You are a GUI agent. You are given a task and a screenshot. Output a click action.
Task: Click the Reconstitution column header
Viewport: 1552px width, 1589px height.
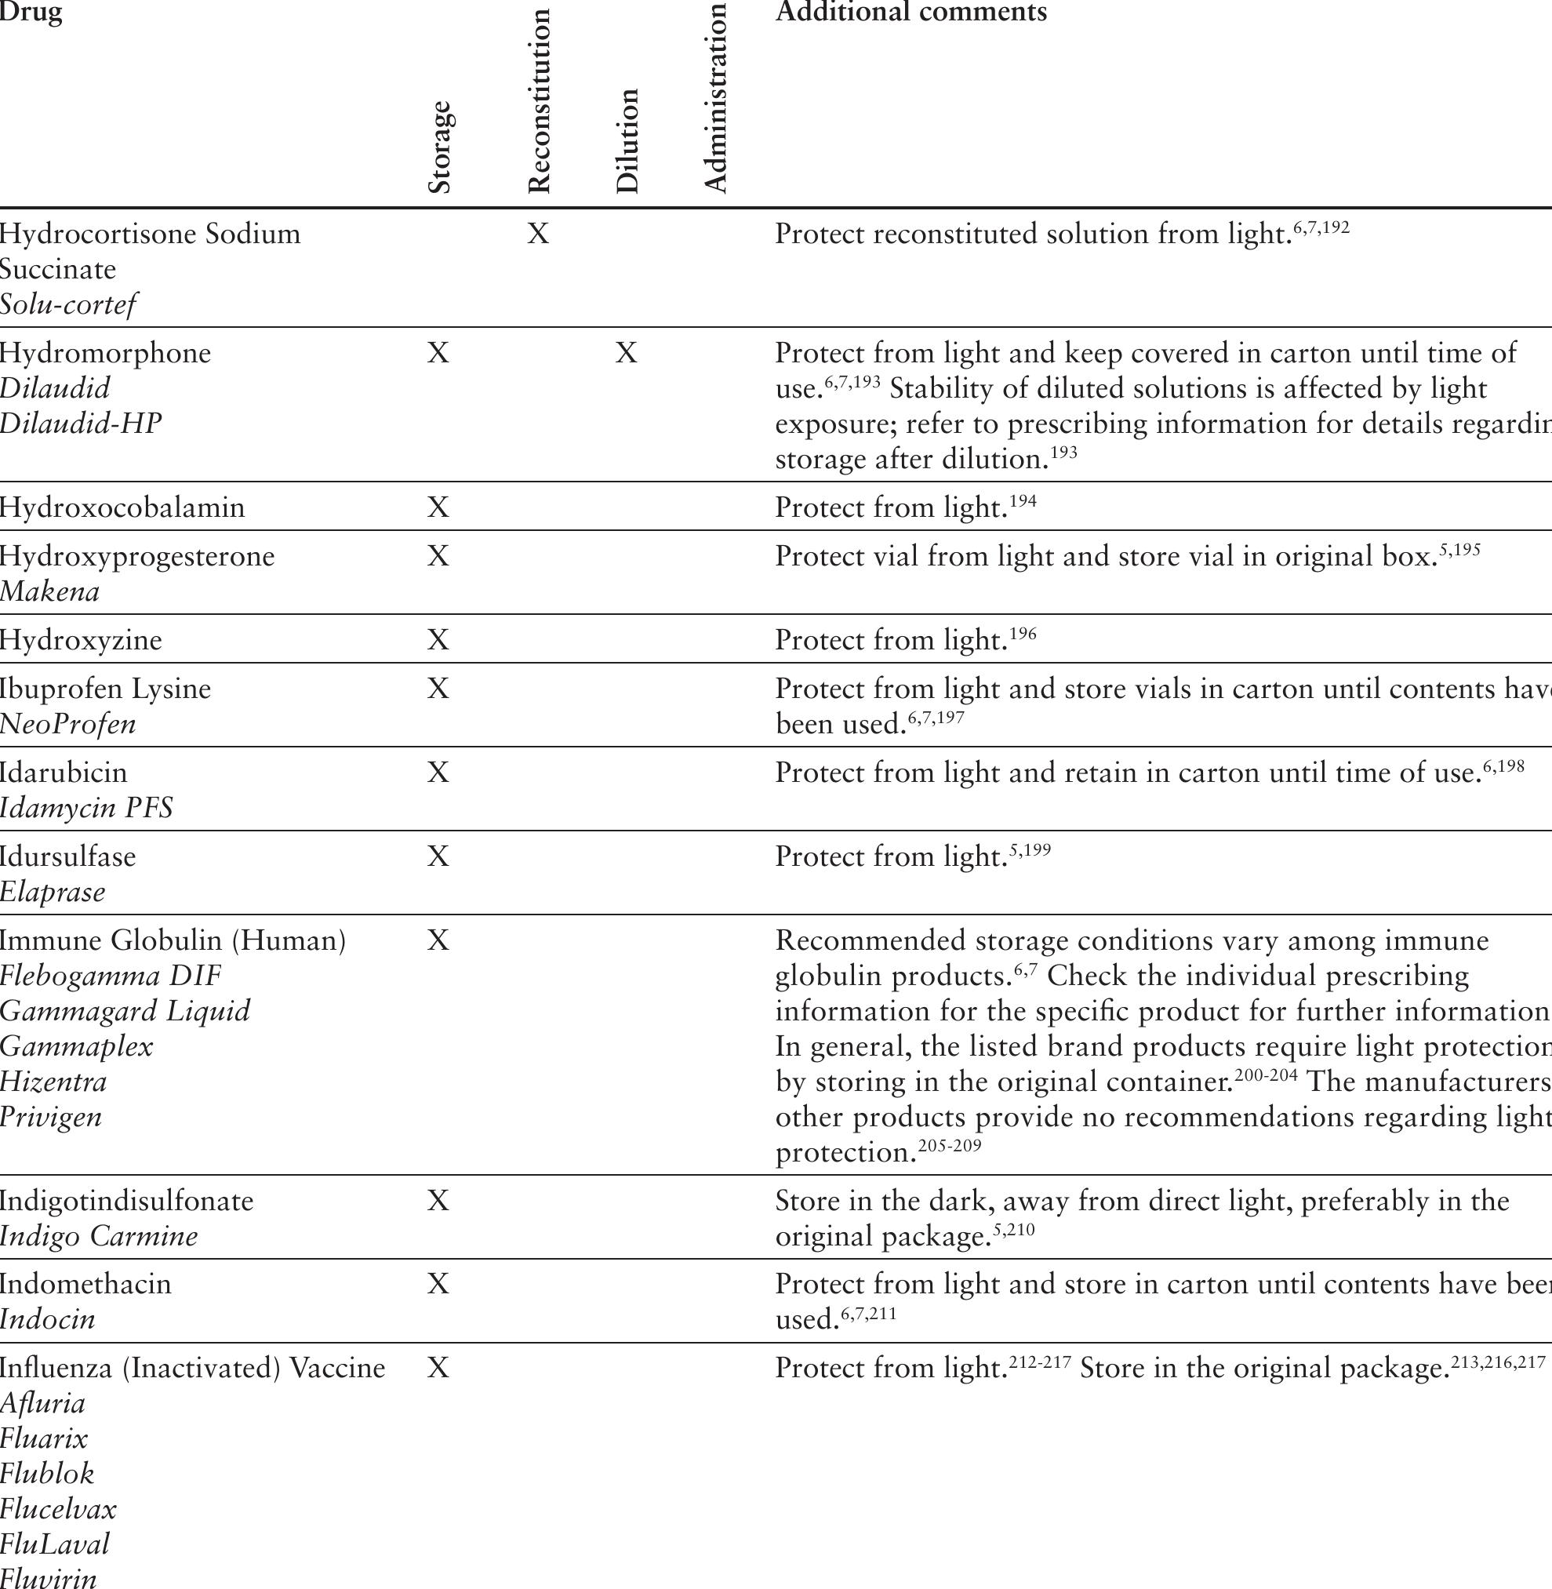point(540,101)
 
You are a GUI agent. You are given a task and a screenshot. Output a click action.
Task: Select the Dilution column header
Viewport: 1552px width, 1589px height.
point(627,140)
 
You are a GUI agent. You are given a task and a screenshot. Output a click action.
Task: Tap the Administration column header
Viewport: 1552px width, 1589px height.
point(714,98)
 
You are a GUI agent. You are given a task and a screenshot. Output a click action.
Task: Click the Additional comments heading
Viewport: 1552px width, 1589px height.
point(910,12)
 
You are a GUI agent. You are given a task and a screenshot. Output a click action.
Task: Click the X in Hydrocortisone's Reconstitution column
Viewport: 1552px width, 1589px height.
point(538,234)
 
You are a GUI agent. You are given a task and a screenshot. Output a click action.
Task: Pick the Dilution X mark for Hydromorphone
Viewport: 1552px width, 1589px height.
point(626,353)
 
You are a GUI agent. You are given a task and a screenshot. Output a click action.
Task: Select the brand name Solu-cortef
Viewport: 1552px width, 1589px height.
point(67,305)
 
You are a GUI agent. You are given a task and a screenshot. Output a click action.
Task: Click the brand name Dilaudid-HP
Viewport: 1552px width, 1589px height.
point(81,424)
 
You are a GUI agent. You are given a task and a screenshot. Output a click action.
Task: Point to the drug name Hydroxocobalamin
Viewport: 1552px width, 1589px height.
point(122,508)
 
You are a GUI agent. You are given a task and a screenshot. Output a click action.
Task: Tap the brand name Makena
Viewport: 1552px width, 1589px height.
point(49,592)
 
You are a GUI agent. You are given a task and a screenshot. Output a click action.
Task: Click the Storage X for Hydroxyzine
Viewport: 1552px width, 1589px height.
point(438,640)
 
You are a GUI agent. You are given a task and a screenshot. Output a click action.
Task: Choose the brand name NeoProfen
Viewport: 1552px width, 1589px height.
point(67,724)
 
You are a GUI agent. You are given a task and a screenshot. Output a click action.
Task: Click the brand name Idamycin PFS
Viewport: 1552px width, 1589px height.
point(86,808)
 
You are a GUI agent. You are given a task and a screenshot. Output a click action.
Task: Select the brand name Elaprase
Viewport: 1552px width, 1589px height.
point(53,892)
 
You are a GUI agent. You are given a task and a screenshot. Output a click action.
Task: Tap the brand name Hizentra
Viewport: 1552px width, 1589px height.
point(54,1082)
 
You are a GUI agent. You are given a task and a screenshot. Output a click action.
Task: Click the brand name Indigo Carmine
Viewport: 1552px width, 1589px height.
point(99,1236)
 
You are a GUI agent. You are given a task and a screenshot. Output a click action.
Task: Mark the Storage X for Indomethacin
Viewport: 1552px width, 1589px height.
point(438,1284)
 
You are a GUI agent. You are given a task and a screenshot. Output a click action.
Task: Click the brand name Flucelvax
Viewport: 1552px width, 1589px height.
point(58,1509)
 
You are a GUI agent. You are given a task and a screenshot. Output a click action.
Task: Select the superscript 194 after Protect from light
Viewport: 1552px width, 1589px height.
point(1023,501)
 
